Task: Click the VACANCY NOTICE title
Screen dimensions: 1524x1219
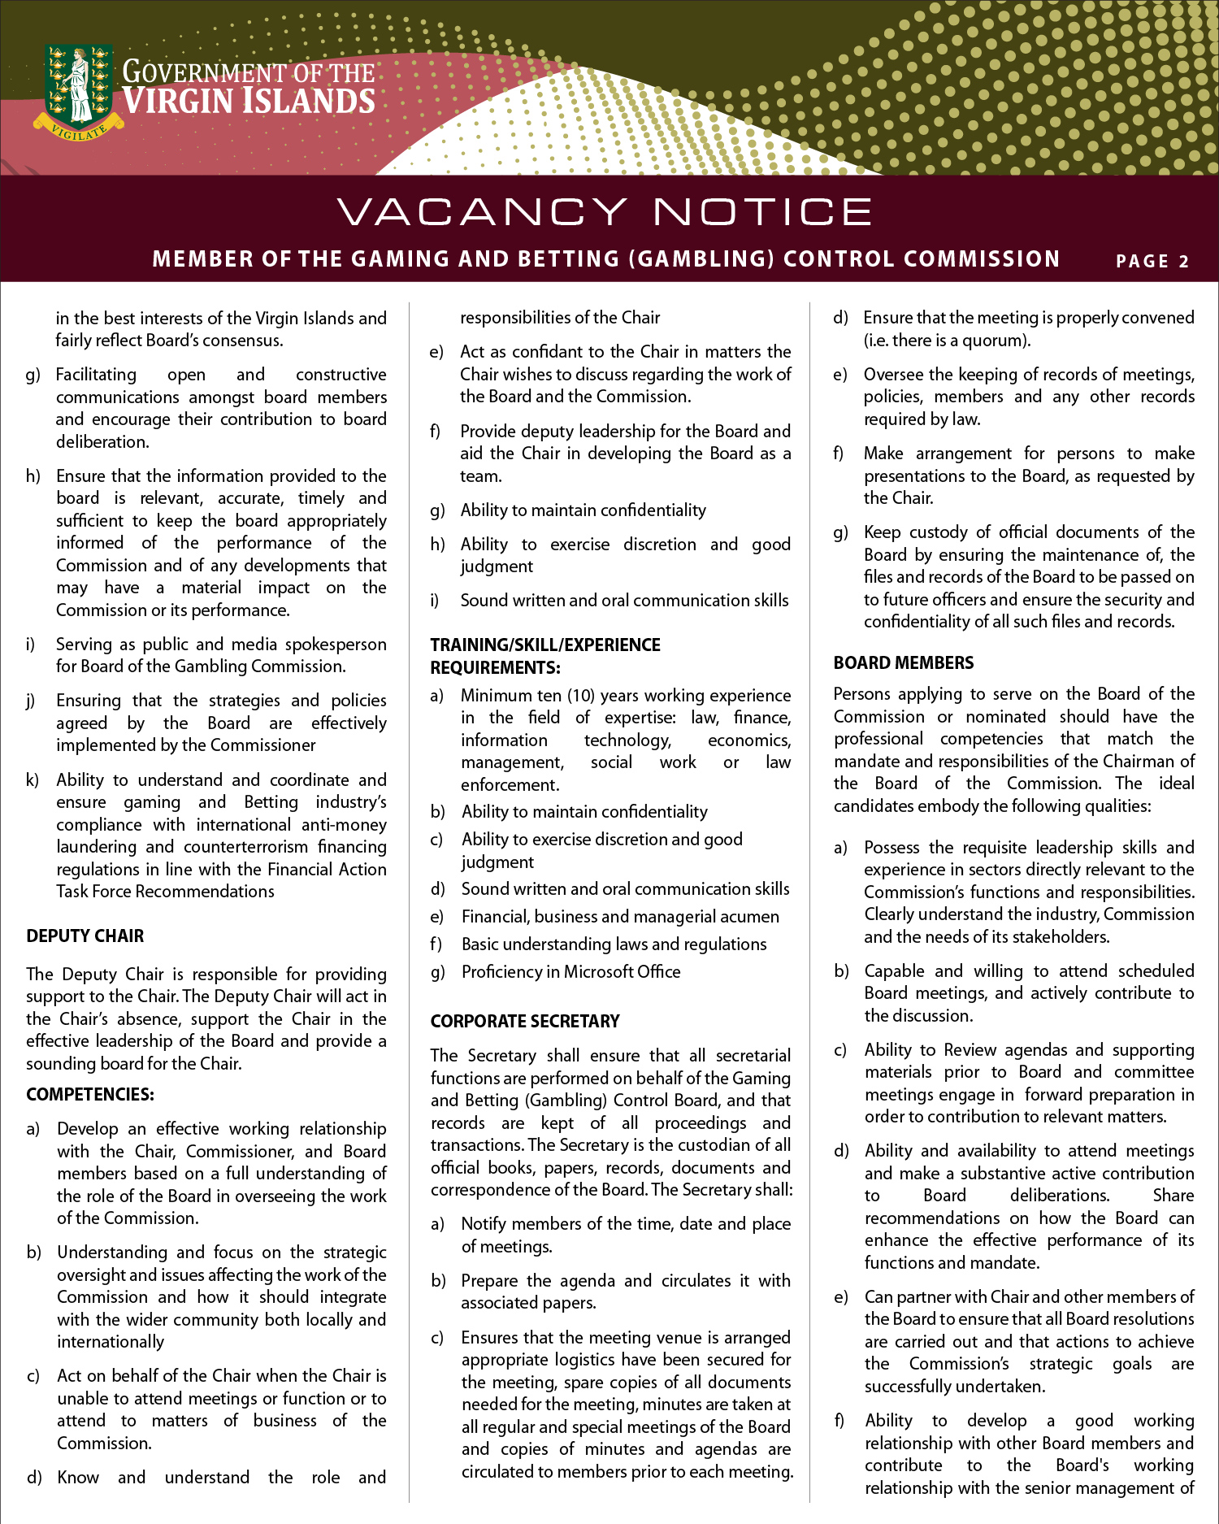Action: (605, 212)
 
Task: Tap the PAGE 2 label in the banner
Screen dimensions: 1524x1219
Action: (1152, 261)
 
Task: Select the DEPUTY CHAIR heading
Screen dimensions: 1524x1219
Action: (85, 936)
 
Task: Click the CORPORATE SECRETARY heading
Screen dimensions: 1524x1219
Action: (524, 1021)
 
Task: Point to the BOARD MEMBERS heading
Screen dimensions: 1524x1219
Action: (903, 662)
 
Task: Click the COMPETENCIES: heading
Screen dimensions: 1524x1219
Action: (89, 1094)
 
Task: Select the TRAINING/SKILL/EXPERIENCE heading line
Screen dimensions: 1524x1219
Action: (544, 645)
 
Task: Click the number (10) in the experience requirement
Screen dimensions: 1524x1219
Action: (581, 695)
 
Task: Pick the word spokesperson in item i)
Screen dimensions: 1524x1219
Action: (336, 644)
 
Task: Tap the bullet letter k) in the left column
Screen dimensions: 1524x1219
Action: (33, 780)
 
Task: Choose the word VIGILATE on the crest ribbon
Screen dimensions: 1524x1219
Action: (79, 131)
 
